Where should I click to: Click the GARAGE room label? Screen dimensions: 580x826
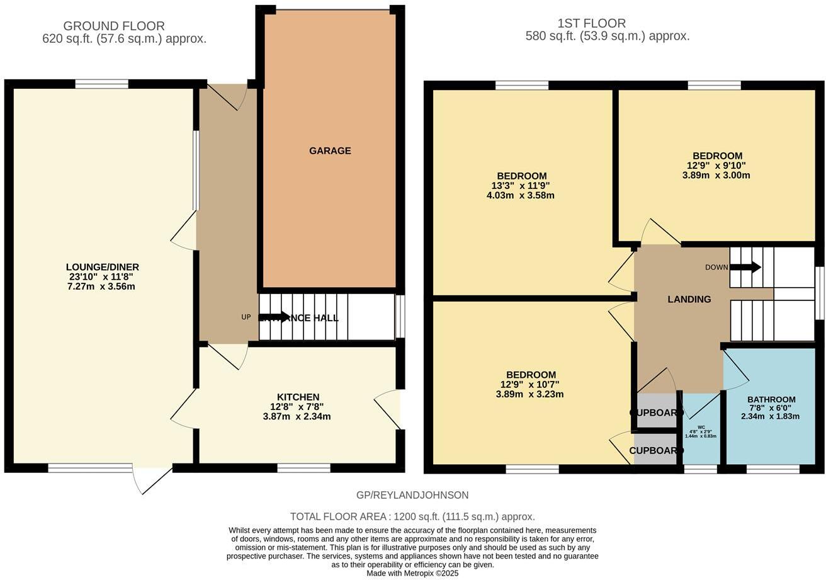329,151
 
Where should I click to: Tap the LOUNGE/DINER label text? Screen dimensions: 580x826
102,267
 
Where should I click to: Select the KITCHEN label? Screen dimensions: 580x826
298,397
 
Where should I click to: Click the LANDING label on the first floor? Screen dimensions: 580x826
689,299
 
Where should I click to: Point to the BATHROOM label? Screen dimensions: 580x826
771,399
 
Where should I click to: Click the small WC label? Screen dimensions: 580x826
701,427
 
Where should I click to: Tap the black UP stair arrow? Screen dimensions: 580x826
274,317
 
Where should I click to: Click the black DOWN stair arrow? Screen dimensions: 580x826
745,267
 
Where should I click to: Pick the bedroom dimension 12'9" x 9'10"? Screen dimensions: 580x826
716,166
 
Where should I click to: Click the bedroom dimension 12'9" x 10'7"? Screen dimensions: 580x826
529,385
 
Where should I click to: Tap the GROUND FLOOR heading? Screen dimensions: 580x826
114,26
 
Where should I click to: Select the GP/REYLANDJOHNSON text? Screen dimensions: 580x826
412,495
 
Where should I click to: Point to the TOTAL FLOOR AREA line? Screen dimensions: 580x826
412,516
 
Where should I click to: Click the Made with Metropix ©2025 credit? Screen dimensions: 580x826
412,573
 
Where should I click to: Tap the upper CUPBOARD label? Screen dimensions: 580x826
655,412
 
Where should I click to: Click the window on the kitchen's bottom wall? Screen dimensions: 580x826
303,468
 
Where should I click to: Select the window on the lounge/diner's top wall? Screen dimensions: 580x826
101,84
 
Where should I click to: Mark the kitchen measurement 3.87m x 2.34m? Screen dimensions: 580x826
297,416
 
